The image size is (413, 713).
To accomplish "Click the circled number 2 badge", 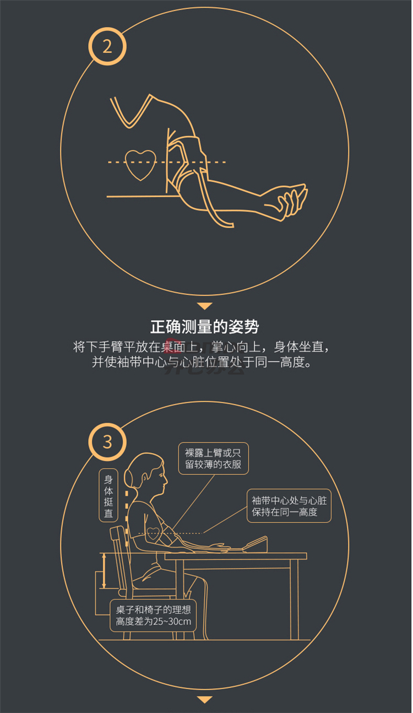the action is pyautogui.click(x=107, y=46).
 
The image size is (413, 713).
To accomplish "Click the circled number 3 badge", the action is pyautogui.click(x=107, y=442).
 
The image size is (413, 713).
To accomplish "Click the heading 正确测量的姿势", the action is pyautogui.click(x=205, y=327).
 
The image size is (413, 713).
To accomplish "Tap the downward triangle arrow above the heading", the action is pyautogui.click(x=205, y=306).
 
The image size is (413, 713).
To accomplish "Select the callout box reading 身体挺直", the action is pyautogui.click(x=108, y=495).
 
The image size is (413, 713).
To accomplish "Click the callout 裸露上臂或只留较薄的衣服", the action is pyautogui.click(x=213, y=458).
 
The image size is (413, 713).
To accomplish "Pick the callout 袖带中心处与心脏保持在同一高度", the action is pyautogui.click(x=289, y=506).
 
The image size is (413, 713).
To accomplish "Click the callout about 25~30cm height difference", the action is pyautogui.click(x=153, y=615).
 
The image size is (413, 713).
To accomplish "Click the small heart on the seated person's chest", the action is pyautogui.click(x=153, y=533).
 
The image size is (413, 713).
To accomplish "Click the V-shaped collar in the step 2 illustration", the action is pyautogui.click(x=129, y=111).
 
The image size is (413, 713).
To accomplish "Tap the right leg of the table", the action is pyautogui.click(x=294, y=599).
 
